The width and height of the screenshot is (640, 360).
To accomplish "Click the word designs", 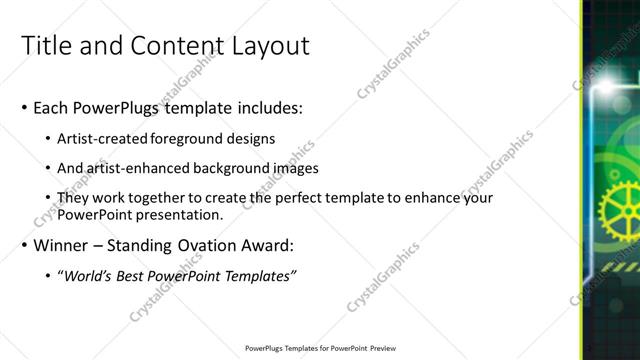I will [x=251, y=139].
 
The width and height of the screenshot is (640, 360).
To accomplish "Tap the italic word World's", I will [x=89, y=276].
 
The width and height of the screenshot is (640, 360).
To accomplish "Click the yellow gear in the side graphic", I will [x=617, y=209].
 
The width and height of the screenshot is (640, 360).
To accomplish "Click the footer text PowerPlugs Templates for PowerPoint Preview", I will [x=319, y=348].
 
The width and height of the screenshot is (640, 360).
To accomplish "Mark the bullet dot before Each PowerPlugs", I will [x=24, y=107].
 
